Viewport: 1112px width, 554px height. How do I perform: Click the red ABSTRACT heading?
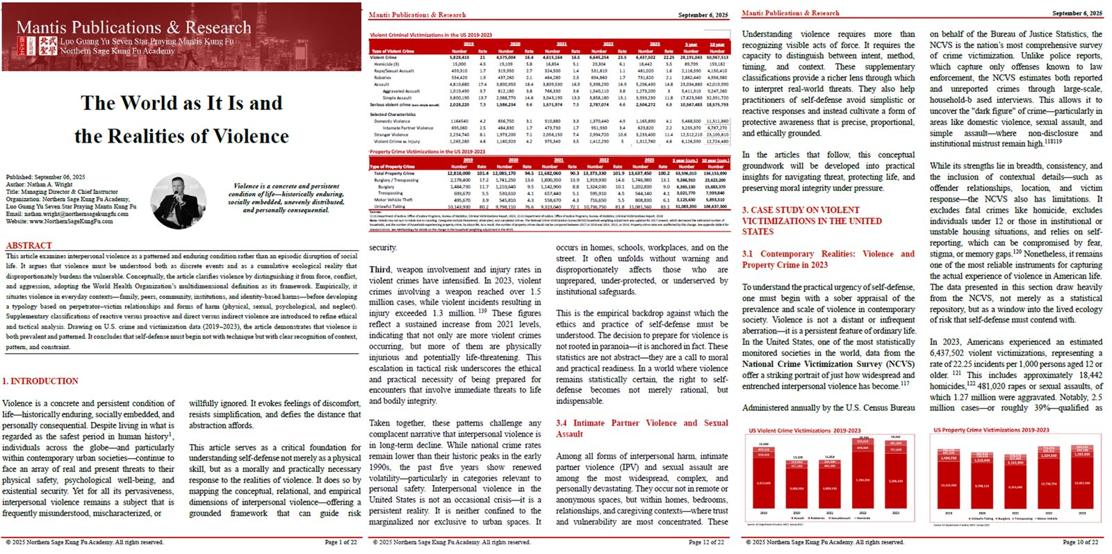[x=28, y=245]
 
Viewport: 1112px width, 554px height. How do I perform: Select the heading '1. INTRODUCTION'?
[x=40, y=381]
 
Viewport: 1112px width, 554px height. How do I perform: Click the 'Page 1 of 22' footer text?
[x=341, y=542]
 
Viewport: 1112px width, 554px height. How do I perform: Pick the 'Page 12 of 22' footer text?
[x=706, y=542]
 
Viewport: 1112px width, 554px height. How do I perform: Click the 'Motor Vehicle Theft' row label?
[x=394, y=200]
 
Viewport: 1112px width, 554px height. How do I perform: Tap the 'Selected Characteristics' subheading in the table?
[x=393, y=114]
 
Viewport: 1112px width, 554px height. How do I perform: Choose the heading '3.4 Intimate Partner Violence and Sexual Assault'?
[x=641, y=428]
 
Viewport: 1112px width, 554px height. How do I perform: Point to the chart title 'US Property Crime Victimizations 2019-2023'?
[x=991, y=430]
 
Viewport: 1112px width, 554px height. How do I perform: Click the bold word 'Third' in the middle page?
[x=379, y=270]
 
